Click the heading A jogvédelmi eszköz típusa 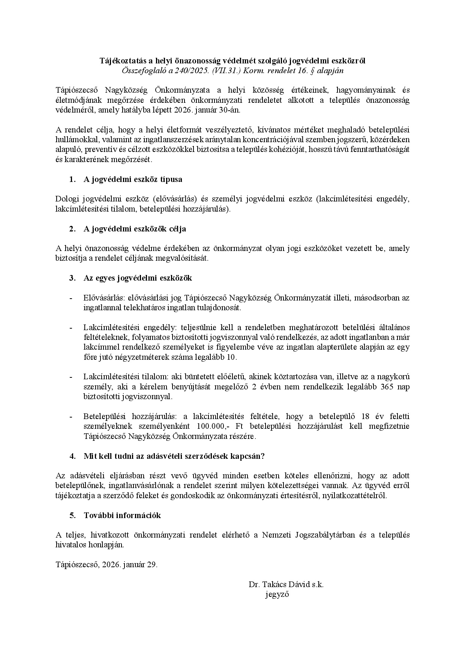[133, 179]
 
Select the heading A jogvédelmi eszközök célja [135, 229]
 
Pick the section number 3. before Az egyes [72, 278]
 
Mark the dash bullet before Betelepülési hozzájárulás [70, 417]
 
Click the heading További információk [122, 515]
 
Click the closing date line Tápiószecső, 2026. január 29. [106, 565]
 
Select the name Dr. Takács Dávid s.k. [286, 584]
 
